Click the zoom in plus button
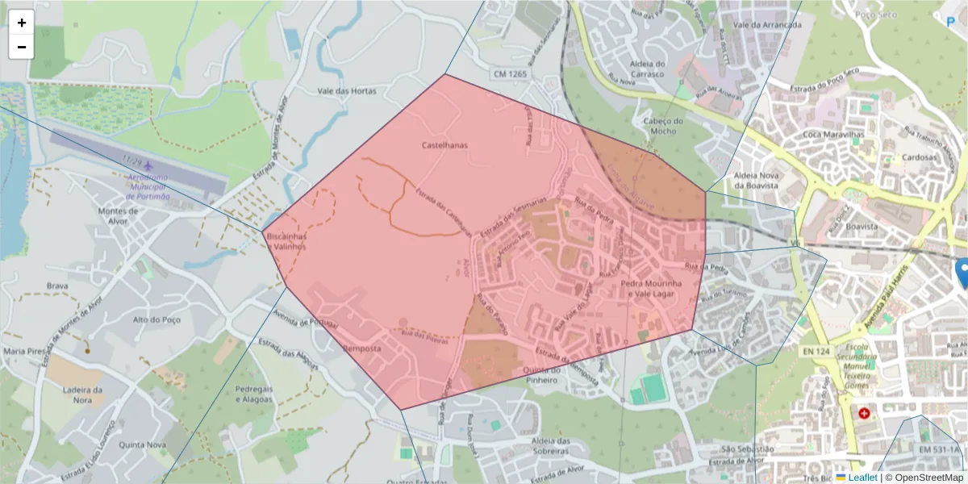coord(22,23)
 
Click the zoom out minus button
coord(22,47)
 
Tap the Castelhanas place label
coord(444,145)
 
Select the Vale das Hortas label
coord(347,91)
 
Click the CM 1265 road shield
coord(511,74)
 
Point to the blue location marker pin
coord(962,273)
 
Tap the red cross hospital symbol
coord(865,413)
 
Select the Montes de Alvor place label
coord(118,216)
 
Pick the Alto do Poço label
coord(153,319)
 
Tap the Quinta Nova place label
coord(141,444)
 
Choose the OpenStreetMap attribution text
coord(924,478)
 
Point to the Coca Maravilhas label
coord(834,134)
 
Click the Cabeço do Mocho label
coord(663,126)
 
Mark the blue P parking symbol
coord(950,23)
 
